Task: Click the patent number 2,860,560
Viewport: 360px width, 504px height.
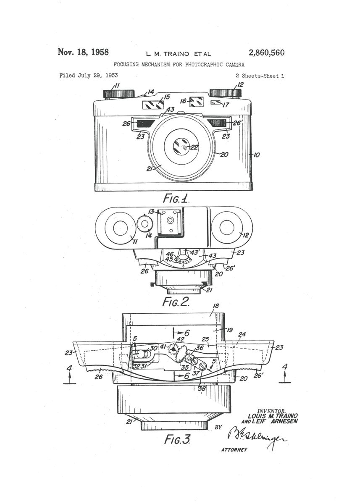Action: pos(266,53)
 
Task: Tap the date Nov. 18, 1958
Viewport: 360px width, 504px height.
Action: pos(83,52)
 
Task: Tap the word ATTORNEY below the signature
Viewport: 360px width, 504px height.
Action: pos(234,450)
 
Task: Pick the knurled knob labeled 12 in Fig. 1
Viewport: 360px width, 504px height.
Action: pos(225,93)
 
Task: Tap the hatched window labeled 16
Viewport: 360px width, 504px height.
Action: pos(196,101)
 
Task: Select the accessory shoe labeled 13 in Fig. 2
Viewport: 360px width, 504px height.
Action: pos(170,221)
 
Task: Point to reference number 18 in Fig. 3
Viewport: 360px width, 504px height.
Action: pos(215,307)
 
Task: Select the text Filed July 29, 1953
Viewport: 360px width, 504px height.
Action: pos(88,76)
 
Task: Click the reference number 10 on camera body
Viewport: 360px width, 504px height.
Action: pos(256,155)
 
